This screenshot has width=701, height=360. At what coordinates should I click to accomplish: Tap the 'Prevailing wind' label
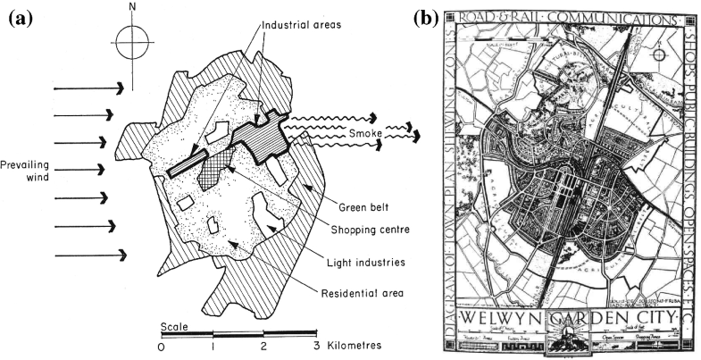click(x=27, y=171)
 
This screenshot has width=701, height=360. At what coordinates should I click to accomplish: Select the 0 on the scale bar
click(x=161, y=346)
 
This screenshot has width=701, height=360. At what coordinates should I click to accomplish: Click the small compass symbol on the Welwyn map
click(x=658, y=55)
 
